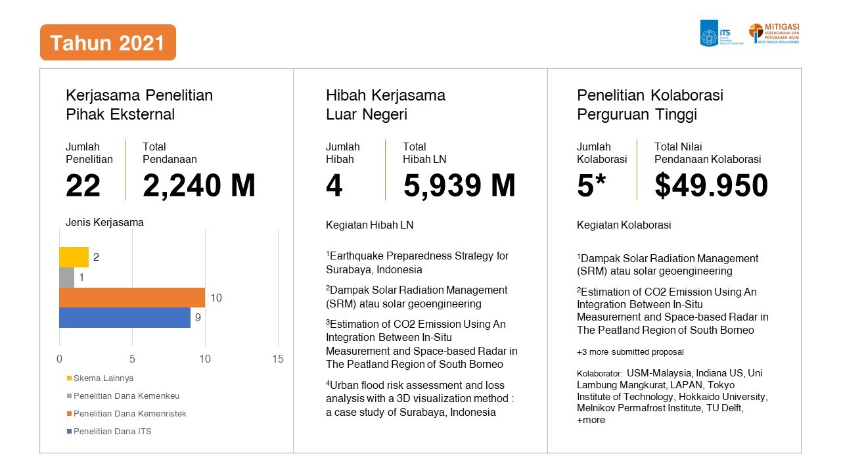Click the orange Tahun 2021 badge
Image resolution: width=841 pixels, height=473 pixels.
(x=108, y=43)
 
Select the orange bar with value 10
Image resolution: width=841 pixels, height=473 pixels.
(x=131, y=298)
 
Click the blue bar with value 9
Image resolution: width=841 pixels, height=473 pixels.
(x=124, y=317)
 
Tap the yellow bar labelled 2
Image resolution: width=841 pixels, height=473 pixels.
(x=74, y=257)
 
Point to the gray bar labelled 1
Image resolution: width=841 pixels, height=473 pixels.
(x=66, y=277)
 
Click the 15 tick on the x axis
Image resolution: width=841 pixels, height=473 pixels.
(x=278, y=359)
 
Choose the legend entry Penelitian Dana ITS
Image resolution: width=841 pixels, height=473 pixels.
(x=112, y=431)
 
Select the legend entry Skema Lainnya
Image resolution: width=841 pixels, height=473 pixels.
(x=103, y=378)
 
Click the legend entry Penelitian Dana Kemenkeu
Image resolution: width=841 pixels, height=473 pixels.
(x=126, y=395)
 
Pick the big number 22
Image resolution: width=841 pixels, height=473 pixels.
(x=83, y=186)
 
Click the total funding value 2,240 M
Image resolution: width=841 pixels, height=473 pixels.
(x=199, y=186)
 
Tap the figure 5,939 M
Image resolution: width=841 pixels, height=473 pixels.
(x=459, y=186)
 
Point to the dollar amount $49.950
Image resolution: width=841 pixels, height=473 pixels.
(x=711, y=186)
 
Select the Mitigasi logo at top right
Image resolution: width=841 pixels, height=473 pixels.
(x=774, y=34)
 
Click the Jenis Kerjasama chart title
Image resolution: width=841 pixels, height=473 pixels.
(x=104, y=222)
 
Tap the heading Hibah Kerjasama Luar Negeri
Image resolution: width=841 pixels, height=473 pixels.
(x=386, y=104)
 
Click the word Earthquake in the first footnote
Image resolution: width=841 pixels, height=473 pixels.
(x=357, y=256)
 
